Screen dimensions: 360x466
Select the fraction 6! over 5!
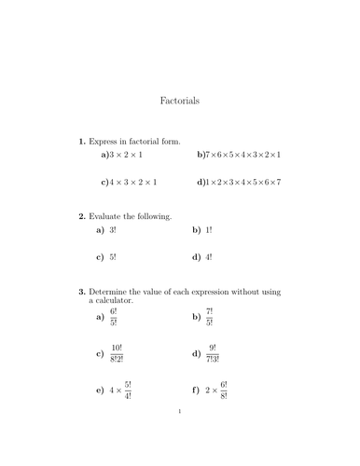click(114, 317)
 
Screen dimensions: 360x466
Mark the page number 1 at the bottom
click(180, 435)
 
